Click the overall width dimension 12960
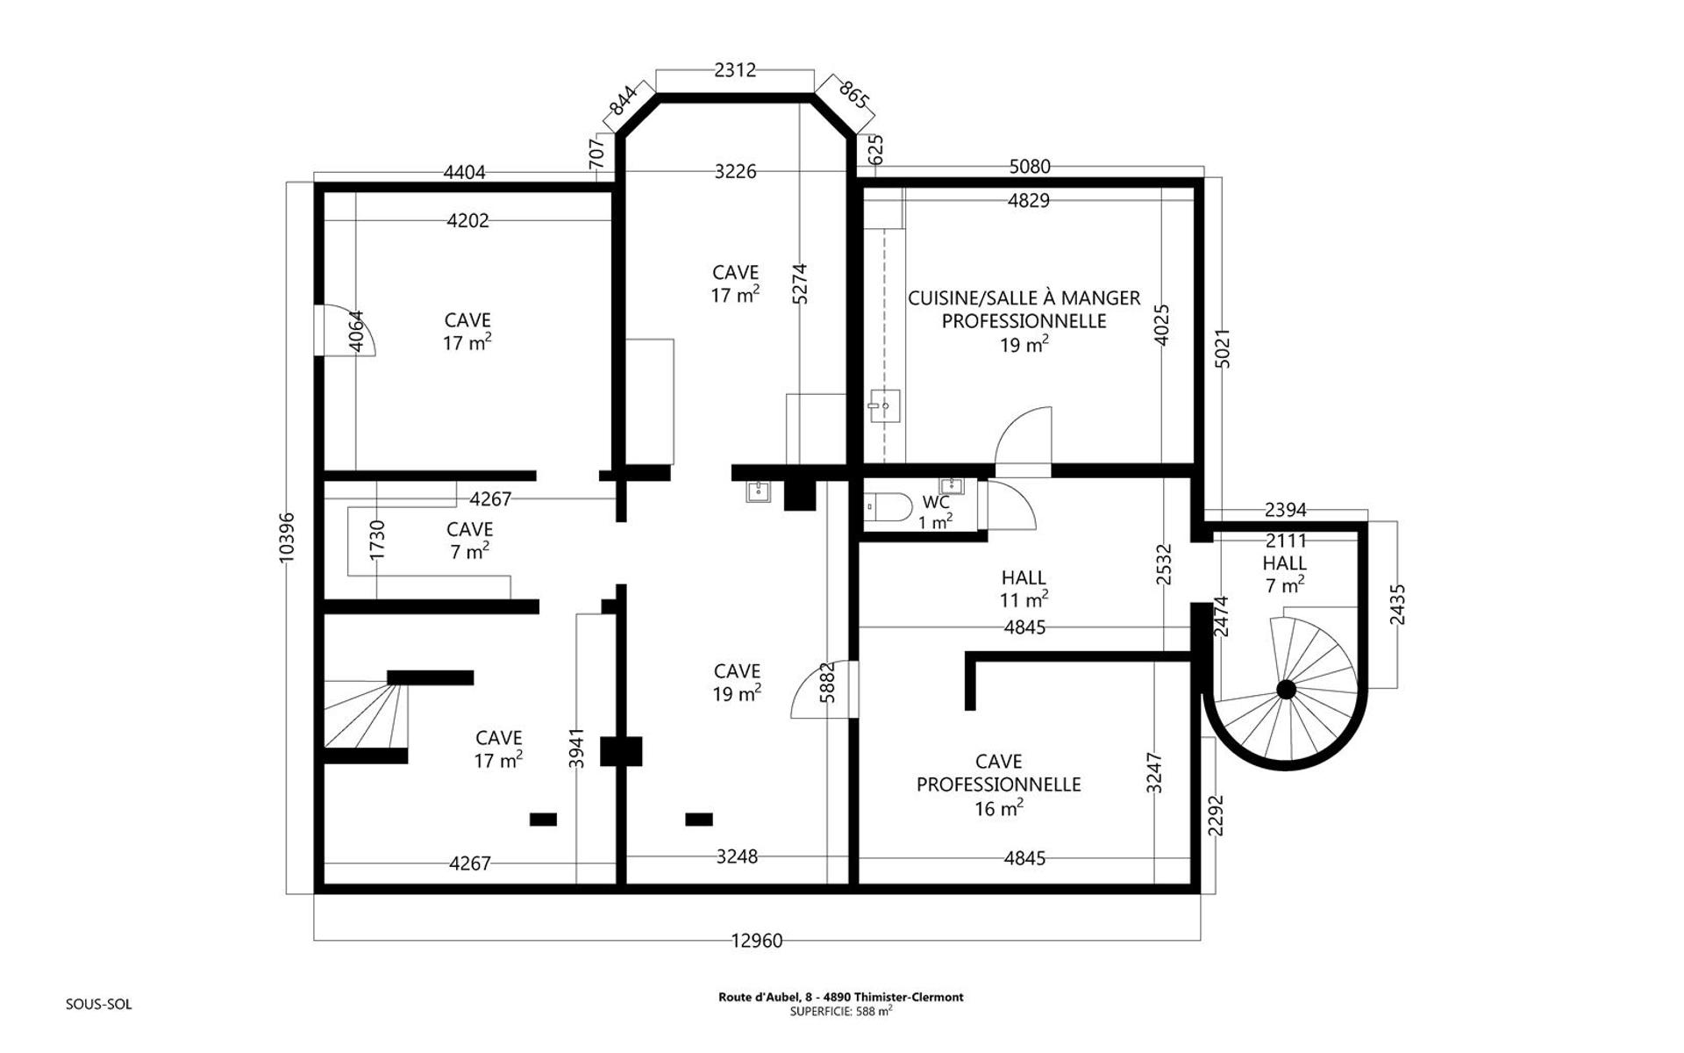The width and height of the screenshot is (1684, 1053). pyautogui.click(x=756, y=941)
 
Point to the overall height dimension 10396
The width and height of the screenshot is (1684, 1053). pyautogui.click(x=287, y=538)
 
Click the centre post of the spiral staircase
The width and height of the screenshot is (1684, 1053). pyautogui.click(x=1286, y=690)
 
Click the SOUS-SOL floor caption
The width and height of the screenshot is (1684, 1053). pyautogui.click(x=98, y=1005)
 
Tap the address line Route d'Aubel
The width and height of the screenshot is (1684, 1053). pyautogui.click(x=841, y=997)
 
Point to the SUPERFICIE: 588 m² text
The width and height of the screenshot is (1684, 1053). pyautogui.click(x=841, y=1011)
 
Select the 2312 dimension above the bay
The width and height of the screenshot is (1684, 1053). pyautogui.click(x=735, y=70)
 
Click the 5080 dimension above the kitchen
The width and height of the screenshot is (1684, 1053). pyautogui.click(x=1030, y=167)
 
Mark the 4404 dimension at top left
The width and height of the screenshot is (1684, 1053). pyautogui.click(x=464, y=173)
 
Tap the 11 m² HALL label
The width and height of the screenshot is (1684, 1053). pyautogui.click(x=1024, y=589)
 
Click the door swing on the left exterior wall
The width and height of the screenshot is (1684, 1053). pyautogui.click(x=346, y=330)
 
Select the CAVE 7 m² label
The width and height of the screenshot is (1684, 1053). pyautogui.click(x=469, y=541)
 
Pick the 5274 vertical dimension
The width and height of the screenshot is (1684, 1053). pyautogui.click(x=799, y=283)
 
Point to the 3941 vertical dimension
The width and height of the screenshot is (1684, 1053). pyautogui.click(x=576, y=749)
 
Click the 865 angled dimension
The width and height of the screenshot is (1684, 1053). pyautogui.click(x=853, y=95)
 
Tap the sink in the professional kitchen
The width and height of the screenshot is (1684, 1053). pyautogui.click(x=885, y=405)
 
